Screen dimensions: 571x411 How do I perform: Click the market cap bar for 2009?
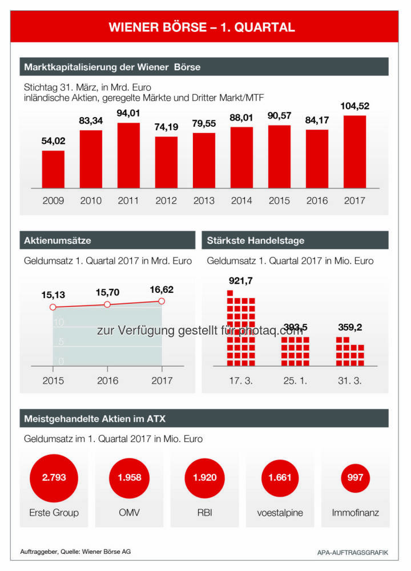click(x=53, y=170)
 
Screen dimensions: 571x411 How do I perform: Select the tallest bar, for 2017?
click(x=354, y=152)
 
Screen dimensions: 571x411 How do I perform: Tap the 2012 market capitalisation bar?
click(x=166, y=162)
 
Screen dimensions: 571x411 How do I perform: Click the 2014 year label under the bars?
click(x=241, y=200)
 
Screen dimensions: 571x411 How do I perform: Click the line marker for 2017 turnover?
click(x=162, y=301)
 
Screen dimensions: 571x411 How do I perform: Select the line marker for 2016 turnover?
click(x=107, y=304)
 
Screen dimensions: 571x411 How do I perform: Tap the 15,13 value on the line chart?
click(x=53, y=295)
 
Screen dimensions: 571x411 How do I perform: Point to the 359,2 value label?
click(x=349, y=327)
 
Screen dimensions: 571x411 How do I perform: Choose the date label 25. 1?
click(x=295, y=380)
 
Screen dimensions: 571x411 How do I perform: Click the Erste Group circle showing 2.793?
click(x=54, y=477)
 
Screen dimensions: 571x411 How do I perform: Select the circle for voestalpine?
click(x=280, y=477)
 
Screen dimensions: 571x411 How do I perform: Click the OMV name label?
click(x=130, y=512)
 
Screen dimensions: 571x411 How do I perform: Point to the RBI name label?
click(x=204, y=512)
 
